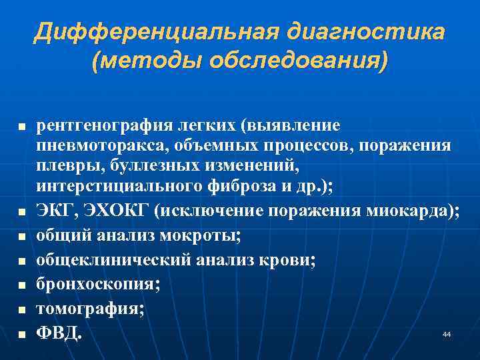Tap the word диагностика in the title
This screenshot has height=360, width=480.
pyautogui.click(x=365, y=31)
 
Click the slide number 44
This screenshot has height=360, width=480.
pyautogui.click(x=446, y=333)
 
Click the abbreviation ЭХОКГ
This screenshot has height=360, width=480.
pyautogui.click(x=113, y=211)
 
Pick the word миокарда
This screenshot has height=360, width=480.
pyautogui.click(x=413, y=211)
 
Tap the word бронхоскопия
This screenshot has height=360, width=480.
pyautogui.click(x=97, y=285)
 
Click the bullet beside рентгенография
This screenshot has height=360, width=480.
pyautogui.click(x=21, y=126)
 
